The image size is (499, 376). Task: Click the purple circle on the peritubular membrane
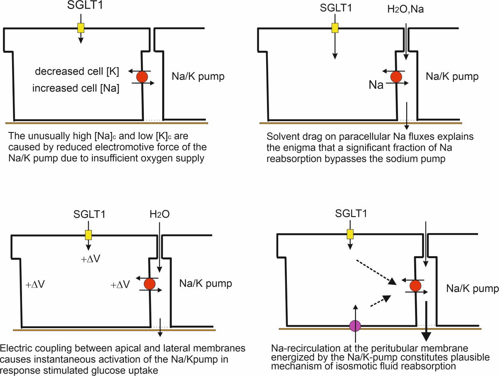[x=355, y=326]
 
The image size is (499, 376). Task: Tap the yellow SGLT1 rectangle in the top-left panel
[x=81, y=28]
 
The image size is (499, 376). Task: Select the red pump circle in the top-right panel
[x=396, y=77]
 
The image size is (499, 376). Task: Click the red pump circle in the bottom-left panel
[x=150, y=284]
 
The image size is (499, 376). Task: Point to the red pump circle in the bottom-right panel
[x=415, y=286]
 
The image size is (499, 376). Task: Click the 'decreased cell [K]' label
[x=77, y=71]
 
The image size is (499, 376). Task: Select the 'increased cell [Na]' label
[x=76, y=88]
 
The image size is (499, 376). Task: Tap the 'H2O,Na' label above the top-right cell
[x=405, y=9]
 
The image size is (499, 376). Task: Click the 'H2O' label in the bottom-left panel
[x=159, y=214]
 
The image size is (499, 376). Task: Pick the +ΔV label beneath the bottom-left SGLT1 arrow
[x=91, y=259]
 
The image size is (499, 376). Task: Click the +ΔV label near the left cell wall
[x=35, y=284]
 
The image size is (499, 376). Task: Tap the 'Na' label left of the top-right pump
[x=376, y=85]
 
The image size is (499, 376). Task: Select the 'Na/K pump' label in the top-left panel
[x=198, y=76]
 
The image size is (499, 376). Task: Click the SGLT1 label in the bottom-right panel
[x=351, y=214]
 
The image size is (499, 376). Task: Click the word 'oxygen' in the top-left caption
[x=157, y=158]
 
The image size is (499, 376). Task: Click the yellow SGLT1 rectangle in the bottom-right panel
[x=350, y=234]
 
